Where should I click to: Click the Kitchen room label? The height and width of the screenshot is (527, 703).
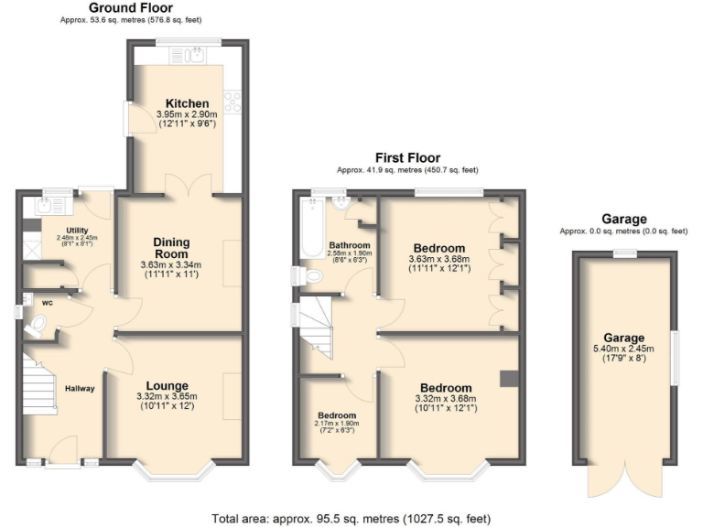(x=187, y=102)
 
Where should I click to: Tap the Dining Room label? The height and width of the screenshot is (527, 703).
(x=171, y=247)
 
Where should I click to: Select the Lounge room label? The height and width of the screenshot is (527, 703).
(x=167, y=385)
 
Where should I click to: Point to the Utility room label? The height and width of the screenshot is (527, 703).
(x=77, y=230)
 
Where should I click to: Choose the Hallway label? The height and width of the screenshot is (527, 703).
(x=80, y=389)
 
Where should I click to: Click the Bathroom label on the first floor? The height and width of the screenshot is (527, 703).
(x=349, y=246)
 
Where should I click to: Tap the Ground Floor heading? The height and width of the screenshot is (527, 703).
(x=117, y=7)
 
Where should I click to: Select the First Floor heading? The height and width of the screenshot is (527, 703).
(x=407, y=157)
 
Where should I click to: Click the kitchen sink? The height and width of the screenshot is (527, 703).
(x=192, y=59)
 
